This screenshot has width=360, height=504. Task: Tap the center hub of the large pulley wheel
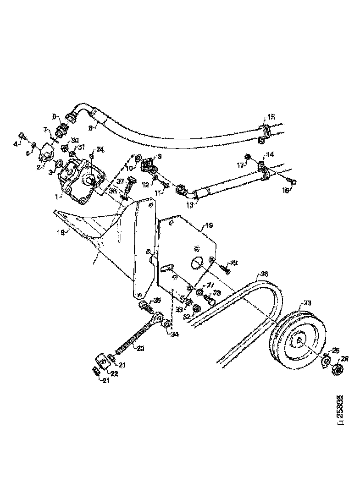click(299, 340)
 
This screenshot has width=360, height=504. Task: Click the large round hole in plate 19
click(196, 262)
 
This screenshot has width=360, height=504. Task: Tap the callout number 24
click(100, 149)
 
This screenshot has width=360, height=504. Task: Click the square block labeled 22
click(103, 363)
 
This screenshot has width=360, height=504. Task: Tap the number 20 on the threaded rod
click(139, 348)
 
